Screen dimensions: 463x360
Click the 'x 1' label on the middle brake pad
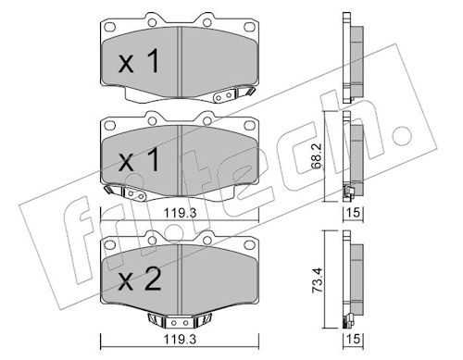tap(139, 159)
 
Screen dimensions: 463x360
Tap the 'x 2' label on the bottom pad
tap(140, 279)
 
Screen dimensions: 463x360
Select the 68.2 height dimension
tap(319, 155)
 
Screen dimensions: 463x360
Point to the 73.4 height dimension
tap(319, 279)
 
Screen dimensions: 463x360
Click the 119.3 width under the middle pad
tap(180, 213)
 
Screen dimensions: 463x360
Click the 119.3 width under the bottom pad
tap(180, 340)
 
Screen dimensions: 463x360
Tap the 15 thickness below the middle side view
tap(354, 212)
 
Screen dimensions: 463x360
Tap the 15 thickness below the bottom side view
tap(354, 339)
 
